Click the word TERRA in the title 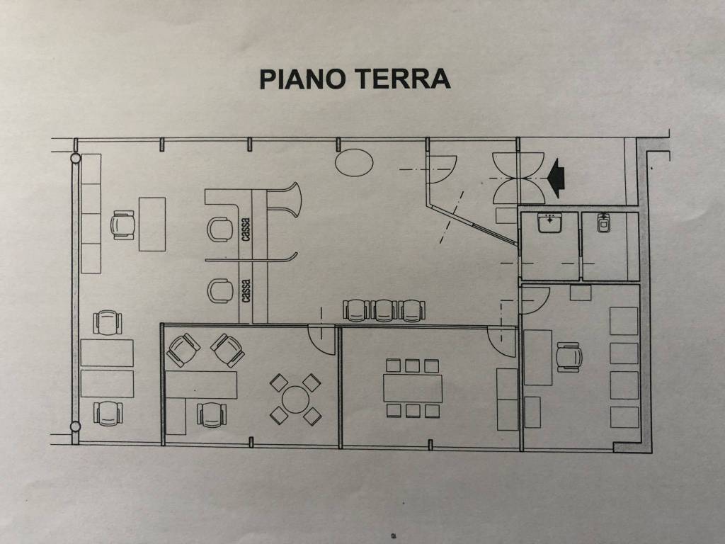[404, 79]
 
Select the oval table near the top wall [354, 161]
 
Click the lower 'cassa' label [246, 290]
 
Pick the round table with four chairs [295, 399]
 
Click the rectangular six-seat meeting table [413, 388]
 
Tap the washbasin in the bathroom [549, 223]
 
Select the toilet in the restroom [603, 222]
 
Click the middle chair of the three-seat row [384, 310]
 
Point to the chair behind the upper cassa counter [220, 229]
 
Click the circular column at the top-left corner [75, 158]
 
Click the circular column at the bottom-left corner [75, 426]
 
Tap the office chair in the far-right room [569, 357]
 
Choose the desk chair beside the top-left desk [122, 225]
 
